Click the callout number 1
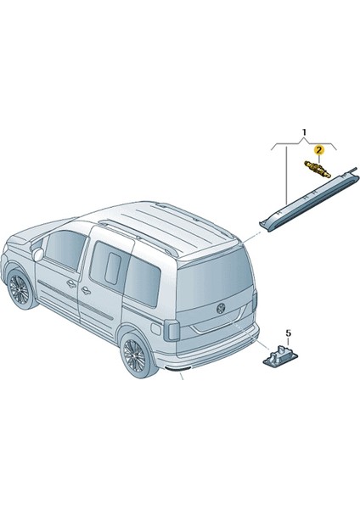304,133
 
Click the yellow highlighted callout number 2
318,150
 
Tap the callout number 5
287,333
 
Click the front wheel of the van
19,289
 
